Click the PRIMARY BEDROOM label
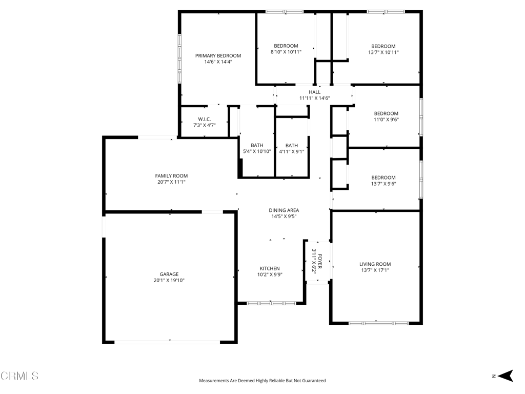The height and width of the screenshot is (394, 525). (218, 55)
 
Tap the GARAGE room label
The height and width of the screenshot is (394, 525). (169, 274)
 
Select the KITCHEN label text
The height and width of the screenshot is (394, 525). (270, 268)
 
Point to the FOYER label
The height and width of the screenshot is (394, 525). (320, 261)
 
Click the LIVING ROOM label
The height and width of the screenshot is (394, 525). (375, 264)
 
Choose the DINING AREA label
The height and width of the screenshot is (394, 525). (284, 210)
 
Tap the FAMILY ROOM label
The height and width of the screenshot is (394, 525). (171, 175)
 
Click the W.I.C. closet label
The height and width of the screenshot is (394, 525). (204, 119)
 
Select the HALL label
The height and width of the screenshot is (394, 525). (315, 92)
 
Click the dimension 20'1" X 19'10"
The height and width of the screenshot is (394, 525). (169, 281)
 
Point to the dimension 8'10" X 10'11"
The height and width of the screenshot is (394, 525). (286, 52)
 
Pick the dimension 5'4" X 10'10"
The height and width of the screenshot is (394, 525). (257, 151)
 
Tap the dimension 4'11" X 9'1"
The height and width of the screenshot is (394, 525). (292, 151)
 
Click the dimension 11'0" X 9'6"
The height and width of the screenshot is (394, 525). (387, 120)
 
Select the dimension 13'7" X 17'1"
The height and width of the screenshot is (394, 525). (375, 270)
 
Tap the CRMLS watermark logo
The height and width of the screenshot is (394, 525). (19, 376)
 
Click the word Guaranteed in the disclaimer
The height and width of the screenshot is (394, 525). (314, 381)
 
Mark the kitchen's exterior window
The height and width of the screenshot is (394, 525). (271, 303)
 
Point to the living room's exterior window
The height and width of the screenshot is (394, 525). (379, 323)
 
